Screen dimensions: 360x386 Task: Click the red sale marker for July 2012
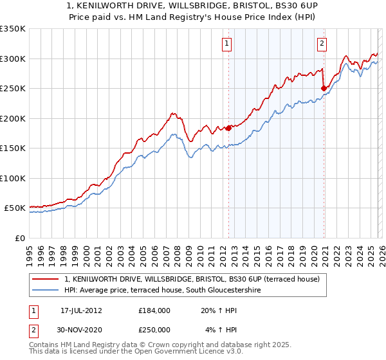228,128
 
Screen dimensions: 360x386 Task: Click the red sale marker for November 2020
324,88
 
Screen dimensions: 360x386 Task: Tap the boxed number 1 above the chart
228,44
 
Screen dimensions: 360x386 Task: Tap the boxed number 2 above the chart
321,44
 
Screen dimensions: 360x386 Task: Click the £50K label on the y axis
15,208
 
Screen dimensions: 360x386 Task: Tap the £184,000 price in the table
154,310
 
